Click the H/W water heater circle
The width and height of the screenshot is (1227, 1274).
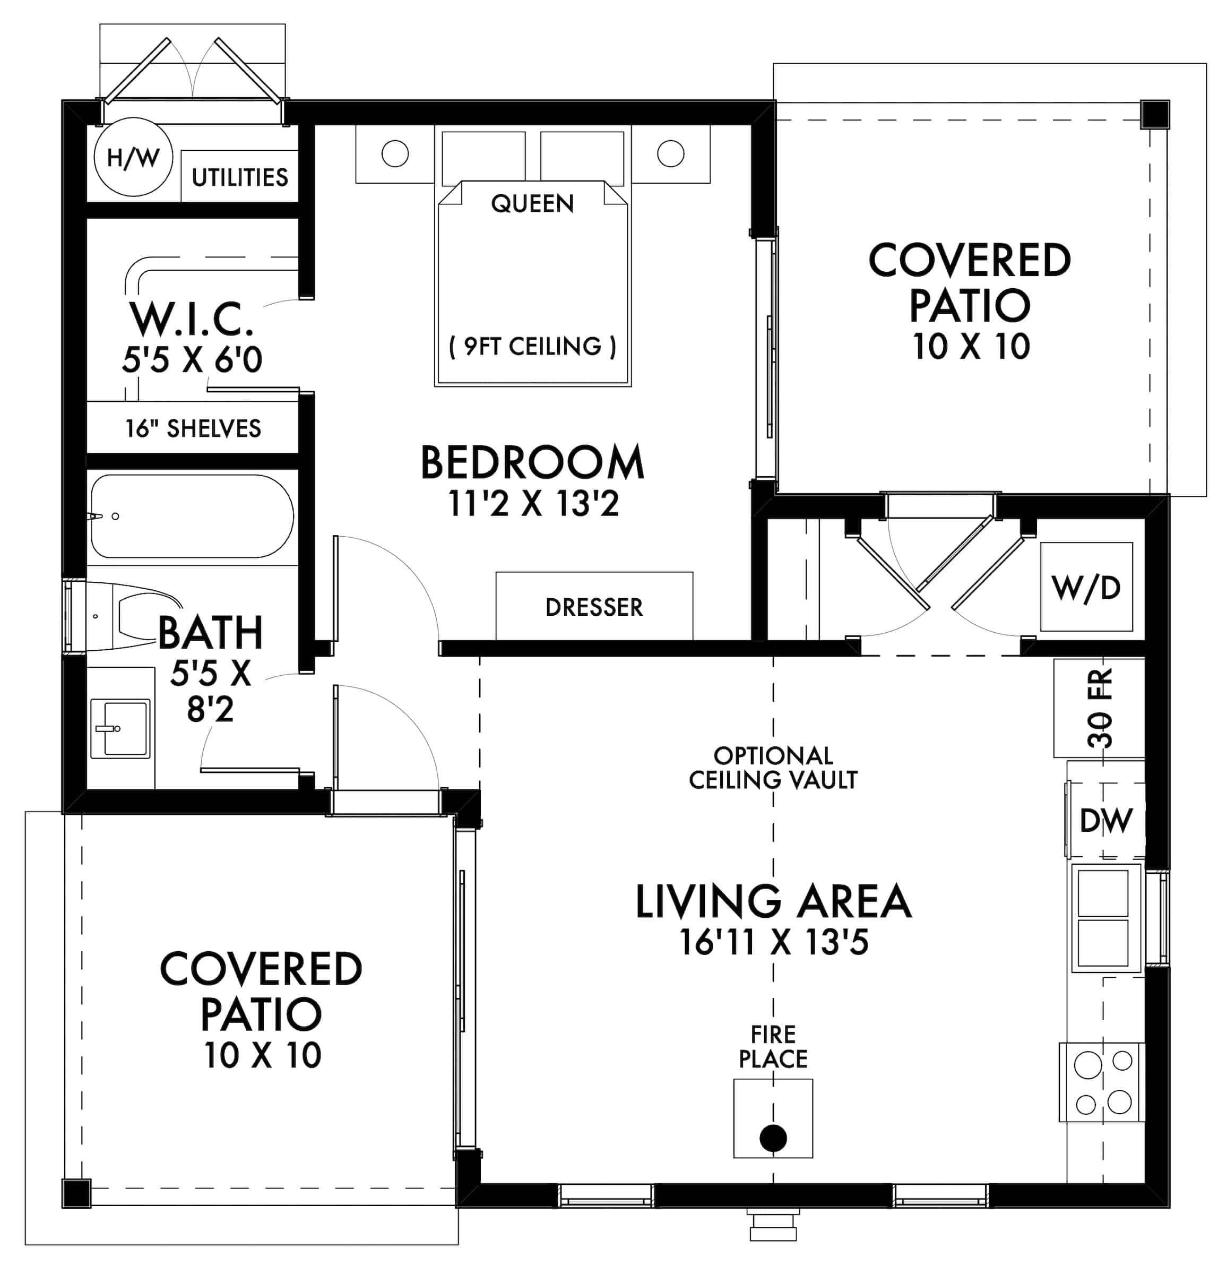[133, 157]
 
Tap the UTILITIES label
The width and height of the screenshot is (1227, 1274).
[239, 177]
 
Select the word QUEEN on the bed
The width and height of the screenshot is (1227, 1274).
[532, 204]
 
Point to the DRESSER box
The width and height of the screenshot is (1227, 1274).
[594, 606]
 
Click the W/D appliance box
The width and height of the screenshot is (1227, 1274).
[1086, 587]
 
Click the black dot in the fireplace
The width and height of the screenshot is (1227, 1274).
[773, 1138]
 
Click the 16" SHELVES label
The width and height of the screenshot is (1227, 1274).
[193, 428]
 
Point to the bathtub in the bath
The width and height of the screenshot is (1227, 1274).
[192, 516]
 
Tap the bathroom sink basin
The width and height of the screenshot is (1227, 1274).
[120, 728]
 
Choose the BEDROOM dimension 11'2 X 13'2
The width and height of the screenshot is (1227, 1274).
[533, 504]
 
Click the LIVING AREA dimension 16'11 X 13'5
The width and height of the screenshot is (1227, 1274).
[773, 942]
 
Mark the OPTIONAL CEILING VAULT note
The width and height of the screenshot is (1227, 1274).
[773, 768]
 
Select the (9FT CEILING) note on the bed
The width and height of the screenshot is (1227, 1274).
[532, 347]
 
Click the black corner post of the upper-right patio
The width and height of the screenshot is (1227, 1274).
[1155, 115]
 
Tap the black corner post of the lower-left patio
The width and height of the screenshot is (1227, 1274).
[76, 1193]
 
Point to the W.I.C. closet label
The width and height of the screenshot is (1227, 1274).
[192, 319]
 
